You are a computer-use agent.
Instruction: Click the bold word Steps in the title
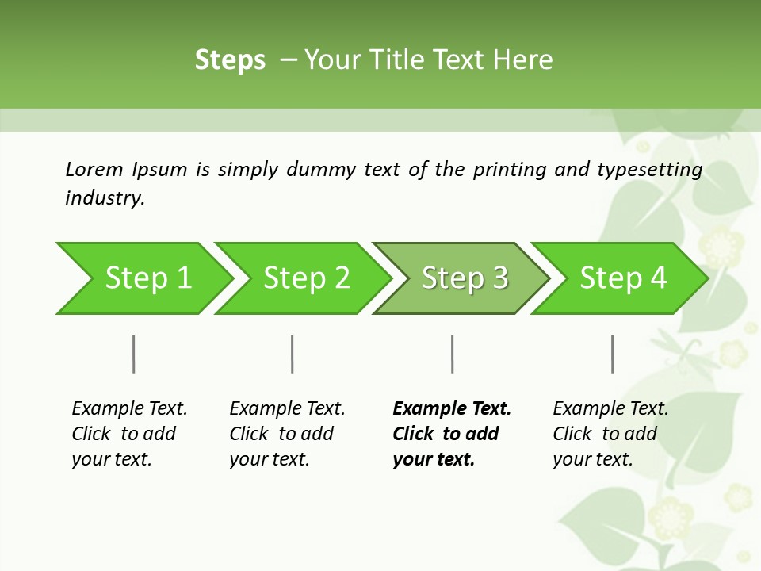tap(230, 60)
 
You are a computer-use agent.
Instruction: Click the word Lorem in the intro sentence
tap(94, 169)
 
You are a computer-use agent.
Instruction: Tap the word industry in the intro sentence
tap(105, 197)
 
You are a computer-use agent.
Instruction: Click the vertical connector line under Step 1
tap(134, 354)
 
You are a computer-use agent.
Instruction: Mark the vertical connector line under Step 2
tap(293, 354)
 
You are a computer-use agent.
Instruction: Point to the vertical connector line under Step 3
tap(452, 354)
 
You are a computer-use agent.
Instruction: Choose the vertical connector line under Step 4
tap(612, 354)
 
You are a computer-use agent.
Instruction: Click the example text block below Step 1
tap(129, 434)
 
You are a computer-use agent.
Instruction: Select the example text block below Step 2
tap(287, 434)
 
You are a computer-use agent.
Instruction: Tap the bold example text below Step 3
tap(452, 434)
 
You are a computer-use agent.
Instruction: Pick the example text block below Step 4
tap(610, 434)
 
